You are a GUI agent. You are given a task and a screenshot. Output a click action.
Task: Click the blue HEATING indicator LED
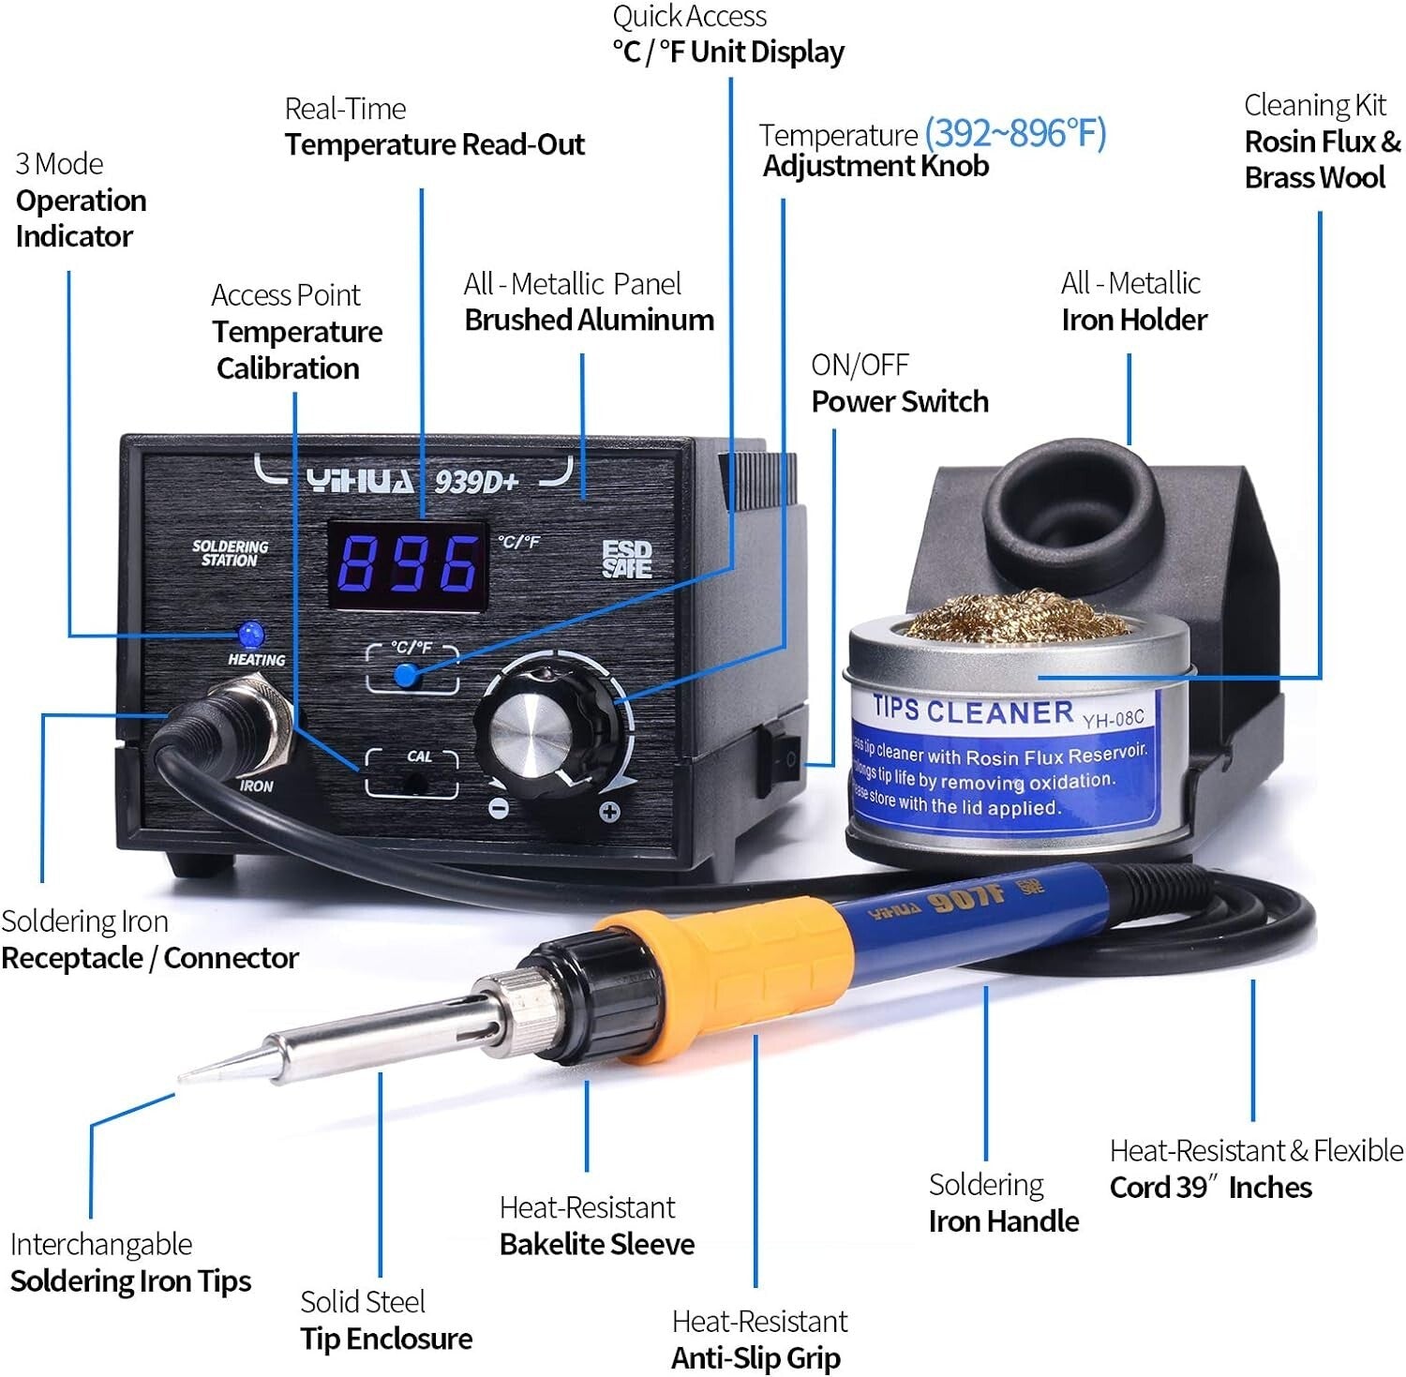(x=250, y=635)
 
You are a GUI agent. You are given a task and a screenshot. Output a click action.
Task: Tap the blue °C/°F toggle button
(x=406, y=675)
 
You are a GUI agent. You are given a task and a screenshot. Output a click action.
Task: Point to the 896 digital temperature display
(x=407, y=565)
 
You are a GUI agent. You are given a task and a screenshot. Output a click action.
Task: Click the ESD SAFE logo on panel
(x=626, y=560)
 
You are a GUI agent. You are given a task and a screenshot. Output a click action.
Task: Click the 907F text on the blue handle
(x=965, y=900)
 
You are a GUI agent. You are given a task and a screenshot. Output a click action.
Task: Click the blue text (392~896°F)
(x=1015, y=133)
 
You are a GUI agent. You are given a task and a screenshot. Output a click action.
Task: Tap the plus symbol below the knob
(x=609, y=812)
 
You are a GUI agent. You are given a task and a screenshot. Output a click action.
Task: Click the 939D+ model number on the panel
(x=475, y=482)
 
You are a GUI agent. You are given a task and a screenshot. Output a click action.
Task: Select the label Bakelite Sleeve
(x=597, y=1244)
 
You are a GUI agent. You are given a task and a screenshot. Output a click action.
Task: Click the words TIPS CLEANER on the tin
(x=972, y=711)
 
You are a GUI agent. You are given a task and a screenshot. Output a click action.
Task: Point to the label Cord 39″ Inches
(x=1210, y=1187)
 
